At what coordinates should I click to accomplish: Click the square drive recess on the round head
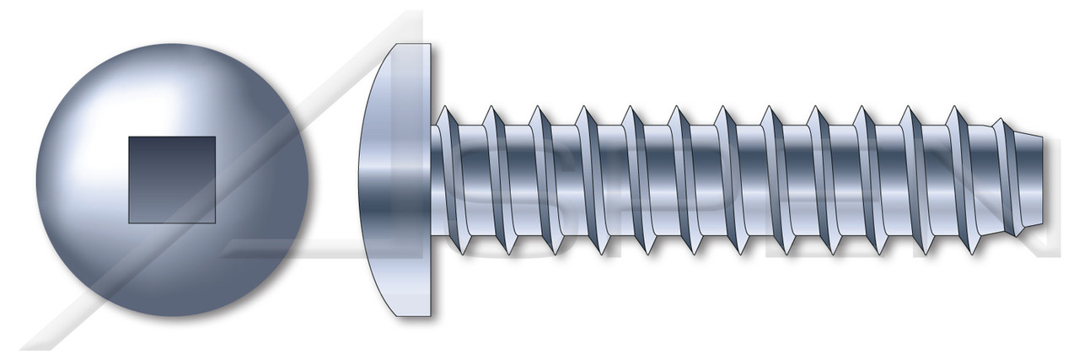171,180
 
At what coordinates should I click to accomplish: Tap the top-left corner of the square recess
129,137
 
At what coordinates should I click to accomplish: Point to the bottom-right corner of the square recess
215,223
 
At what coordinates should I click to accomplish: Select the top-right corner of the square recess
215,137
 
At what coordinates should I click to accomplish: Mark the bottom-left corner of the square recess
129,223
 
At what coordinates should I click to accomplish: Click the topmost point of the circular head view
171,44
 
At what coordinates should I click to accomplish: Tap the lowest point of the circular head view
171,317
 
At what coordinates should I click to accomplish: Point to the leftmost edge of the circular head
35,180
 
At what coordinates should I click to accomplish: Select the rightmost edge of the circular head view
309,180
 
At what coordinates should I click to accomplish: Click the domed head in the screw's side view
396,180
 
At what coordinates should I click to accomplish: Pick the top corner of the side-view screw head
431,44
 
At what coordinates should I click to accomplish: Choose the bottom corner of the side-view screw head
431,319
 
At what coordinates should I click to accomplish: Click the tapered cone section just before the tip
1033,180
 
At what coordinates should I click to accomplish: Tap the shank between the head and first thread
438,180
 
